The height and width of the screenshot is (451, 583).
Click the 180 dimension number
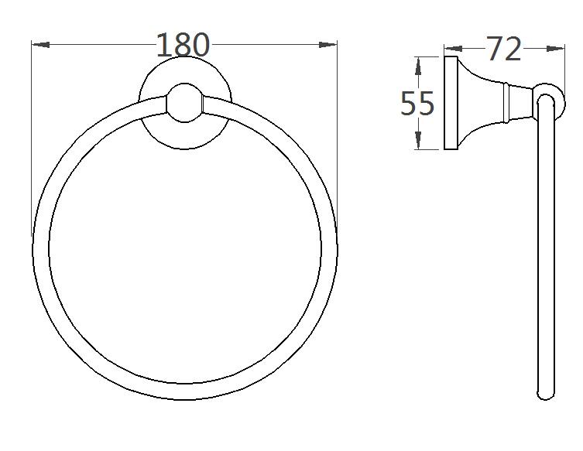point(183,45)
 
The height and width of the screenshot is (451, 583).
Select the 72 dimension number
point(504,50)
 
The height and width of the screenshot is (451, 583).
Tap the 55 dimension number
point(417,103)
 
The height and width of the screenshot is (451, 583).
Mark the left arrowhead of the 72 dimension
point(452,50)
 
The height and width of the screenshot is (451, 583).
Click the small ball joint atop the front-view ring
point(184,105)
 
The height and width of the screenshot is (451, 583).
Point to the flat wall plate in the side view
point(449,103)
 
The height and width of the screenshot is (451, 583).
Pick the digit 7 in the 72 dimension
point(495,50)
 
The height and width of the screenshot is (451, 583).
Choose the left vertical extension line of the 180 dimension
point(31,139)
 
